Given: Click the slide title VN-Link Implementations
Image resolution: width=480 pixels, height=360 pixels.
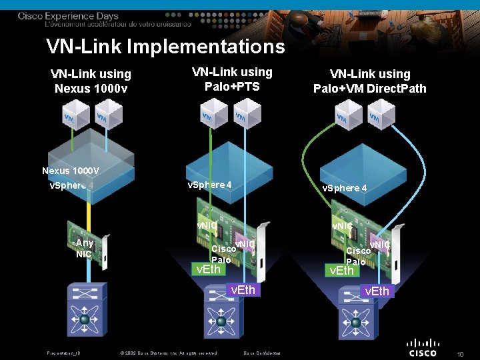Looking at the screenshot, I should point(165,47).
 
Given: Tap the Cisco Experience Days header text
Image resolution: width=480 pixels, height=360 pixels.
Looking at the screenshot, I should point(68,16).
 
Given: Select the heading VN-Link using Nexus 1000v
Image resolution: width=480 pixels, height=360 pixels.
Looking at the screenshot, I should point(91,81).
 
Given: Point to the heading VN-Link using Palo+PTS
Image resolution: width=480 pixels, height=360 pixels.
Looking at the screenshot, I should point(232,79).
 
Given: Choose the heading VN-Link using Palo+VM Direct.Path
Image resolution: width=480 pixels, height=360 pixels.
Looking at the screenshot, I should point(370,81).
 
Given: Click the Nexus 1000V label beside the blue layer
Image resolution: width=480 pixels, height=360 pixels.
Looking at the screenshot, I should point(71,171).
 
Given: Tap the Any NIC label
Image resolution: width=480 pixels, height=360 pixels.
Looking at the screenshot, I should point(84,248).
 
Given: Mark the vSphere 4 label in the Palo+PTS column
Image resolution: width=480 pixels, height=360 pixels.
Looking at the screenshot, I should point(209,185).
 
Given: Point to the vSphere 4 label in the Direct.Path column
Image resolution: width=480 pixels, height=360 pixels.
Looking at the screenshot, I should point(345,188).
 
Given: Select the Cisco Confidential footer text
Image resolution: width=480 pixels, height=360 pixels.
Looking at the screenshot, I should point(262,353).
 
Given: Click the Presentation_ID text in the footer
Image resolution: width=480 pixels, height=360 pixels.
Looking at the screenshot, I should point(63,353).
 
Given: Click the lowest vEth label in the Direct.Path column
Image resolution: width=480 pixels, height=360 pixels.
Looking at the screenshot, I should point(377,291).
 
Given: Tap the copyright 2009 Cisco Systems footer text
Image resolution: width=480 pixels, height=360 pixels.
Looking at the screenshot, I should point(168,353).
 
